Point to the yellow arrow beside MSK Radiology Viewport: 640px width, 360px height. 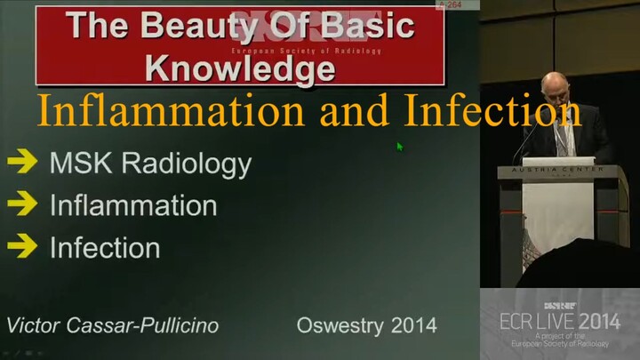point(21,162)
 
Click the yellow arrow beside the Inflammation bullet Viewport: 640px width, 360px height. point(21,204)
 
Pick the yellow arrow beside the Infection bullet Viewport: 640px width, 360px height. point(21,246)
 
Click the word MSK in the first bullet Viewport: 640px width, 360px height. point(80,164)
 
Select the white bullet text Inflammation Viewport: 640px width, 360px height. point(133,206)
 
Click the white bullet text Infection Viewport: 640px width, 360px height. point(105,247)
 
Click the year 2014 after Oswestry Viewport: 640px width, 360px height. point(414,325)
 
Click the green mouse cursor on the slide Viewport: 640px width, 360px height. point(400,147)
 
